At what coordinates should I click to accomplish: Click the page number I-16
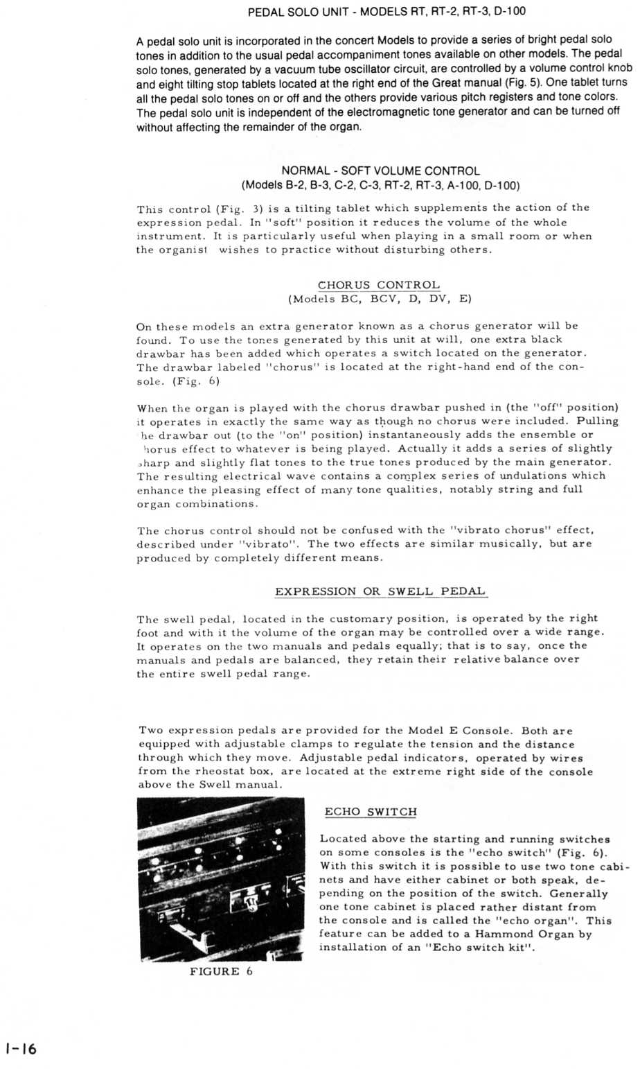(19, 1049)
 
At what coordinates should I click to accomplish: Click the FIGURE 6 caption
(221, 971)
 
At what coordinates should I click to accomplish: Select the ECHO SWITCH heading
(371, 812)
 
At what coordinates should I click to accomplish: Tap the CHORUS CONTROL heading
(378, 285)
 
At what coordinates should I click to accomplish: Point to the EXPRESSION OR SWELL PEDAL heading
(380, 591)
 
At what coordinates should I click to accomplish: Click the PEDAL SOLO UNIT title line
(381, 12)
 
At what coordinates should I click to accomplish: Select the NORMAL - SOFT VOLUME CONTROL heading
(380, 171)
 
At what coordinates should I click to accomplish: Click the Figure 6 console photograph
(221, 879)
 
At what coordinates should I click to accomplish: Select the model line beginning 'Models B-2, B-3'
(380, 185)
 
